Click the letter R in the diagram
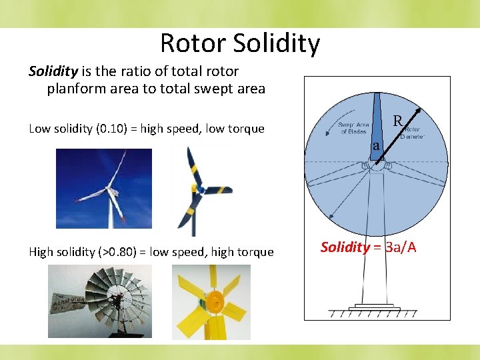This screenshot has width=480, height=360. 397,121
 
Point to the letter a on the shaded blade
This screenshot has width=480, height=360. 376,145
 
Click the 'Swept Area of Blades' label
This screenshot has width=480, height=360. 353,129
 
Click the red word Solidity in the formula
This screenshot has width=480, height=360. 345,247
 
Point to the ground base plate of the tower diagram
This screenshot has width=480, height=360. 377,307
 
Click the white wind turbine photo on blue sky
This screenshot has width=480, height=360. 103,188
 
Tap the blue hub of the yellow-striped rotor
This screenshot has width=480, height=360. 199,190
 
